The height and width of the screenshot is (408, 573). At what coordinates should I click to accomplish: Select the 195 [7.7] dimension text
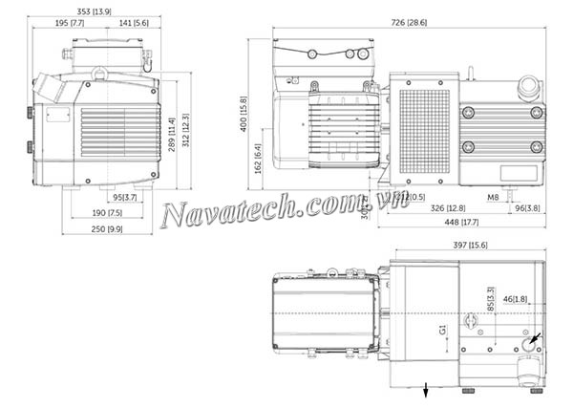click(71, 22)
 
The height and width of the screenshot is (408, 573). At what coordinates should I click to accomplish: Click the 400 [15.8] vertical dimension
click(244, 113)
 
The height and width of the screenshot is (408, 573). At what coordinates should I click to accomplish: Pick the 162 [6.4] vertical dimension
click(257, 153)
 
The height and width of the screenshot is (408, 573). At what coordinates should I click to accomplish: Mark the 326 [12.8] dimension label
click(448, 208)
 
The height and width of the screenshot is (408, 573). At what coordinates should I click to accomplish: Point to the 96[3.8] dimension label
click(528, 208)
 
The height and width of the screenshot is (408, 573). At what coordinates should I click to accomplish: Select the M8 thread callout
click(493, 198)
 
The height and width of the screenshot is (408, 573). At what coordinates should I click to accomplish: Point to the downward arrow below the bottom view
click(426, 388)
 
